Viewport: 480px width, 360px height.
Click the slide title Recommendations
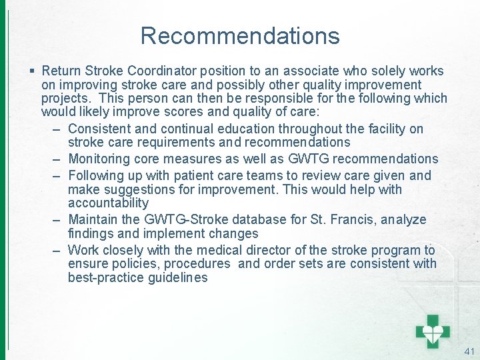(240, 35)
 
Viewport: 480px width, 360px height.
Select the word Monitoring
(101, 159)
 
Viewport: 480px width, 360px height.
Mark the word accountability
(108, 203)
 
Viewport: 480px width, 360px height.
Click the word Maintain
(93, 219)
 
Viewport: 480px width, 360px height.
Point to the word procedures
(199, 264)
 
